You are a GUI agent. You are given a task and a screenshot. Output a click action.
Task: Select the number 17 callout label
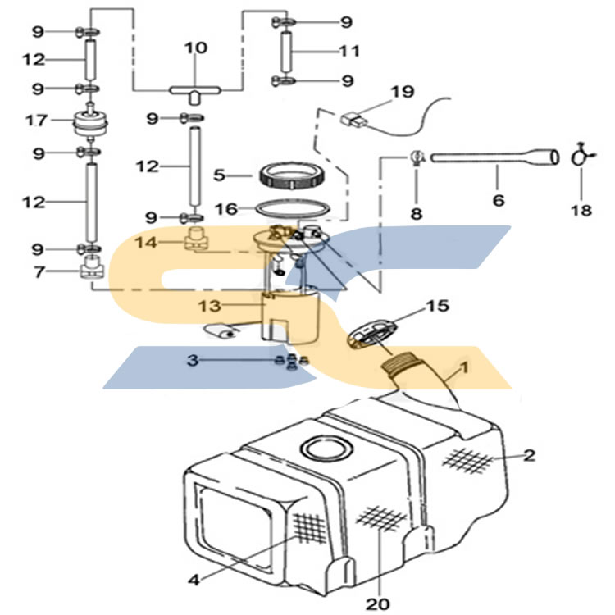[x=36, y=121]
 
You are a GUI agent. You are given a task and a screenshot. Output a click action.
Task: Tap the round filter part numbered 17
[x=90, y=121]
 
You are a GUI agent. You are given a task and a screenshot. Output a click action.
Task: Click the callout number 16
[x=226, y=209]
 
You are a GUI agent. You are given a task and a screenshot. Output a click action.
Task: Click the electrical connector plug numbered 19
[x=354, y=120]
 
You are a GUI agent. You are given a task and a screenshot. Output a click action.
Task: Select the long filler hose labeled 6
[x=495, y=157]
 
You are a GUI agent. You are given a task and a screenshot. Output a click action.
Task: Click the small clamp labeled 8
[x=417, y=157]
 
